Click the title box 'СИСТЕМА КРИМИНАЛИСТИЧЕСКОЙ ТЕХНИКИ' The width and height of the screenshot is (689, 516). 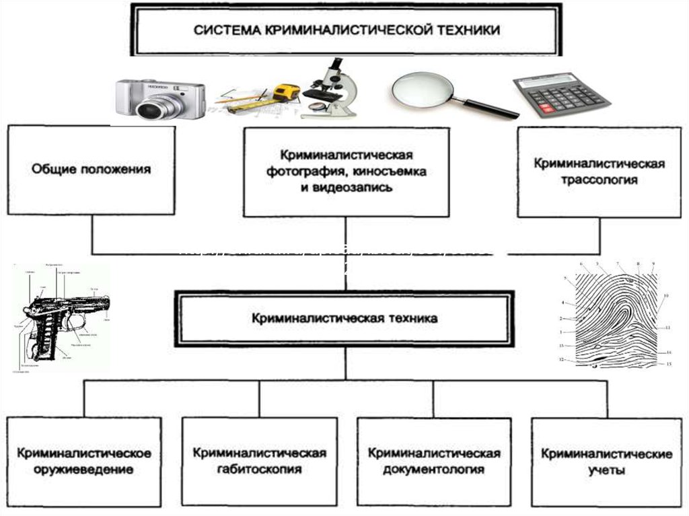coord(347,30)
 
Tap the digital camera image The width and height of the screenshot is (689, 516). coord(159,98)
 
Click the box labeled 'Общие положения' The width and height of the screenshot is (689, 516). coord(92,170)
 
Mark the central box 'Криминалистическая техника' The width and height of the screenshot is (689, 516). coord(344,318)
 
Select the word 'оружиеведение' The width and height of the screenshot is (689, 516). coord(85,470)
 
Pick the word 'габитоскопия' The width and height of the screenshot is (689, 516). coord(259,469)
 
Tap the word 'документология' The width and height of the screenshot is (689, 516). coord(434,469)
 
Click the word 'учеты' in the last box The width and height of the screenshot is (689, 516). coord(606,470)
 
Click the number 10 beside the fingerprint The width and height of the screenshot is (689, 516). coord(665,296)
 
